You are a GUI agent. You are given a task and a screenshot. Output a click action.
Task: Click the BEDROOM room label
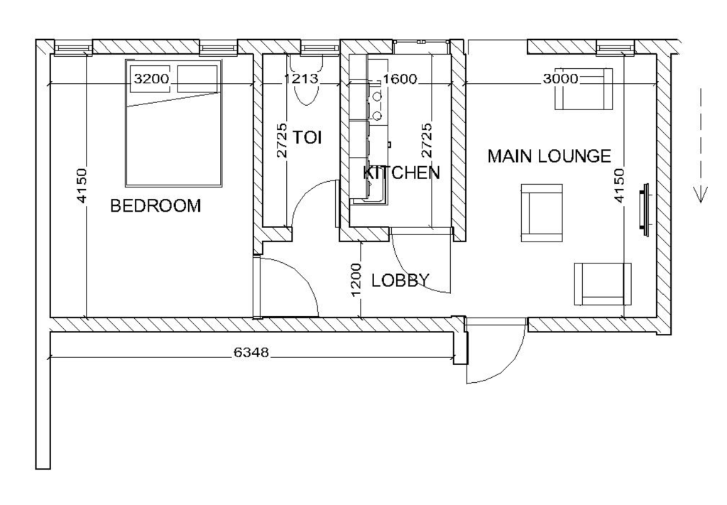click(155, 205)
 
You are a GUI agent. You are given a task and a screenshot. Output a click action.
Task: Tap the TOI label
click(307, 137)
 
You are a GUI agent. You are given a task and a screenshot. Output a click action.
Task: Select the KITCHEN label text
click(401, 173)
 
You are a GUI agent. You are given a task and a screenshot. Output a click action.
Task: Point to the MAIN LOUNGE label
click(550, 156)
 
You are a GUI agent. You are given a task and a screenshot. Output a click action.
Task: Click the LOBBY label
click(400, 280)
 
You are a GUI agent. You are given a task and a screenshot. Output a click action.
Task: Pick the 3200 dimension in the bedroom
click(152, 79)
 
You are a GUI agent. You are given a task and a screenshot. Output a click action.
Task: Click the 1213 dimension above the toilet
click(301, 79)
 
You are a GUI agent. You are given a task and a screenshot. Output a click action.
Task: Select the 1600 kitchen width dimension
click(400, 80)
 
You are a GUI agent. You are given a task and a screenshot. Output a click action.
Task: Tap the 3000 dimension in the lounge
click(561, 79)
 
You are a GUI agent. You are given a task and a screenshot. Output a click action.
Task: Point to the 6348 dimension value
click(251, 352)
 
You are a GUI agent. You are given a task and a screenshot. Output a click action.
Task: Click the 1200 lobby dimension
click(356, 280)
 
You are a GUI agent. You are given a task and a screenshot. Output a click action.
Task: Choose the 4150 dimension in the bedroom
click(81, 185)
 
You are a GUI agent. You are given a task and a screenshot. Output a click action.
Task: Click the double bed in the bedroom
click(173, 124)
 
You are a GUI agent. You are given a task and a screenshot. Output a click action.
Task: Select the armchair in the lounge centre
click(542, 213)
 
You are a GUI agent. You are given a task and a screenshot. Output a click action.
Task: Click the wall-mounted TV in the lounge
click(645, 210)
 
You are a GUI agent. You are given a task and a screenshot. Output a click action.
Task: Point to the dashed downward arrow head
click(701, 195)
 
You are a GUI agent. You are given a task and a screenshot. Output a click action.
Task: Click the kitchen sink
click(368, 192)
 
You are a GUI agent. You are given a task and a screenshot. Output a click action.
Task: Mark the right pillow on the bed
click(197, 79)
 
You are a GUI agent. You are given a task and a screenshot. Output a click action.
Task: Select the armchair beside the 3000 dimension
click(584, 89)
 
